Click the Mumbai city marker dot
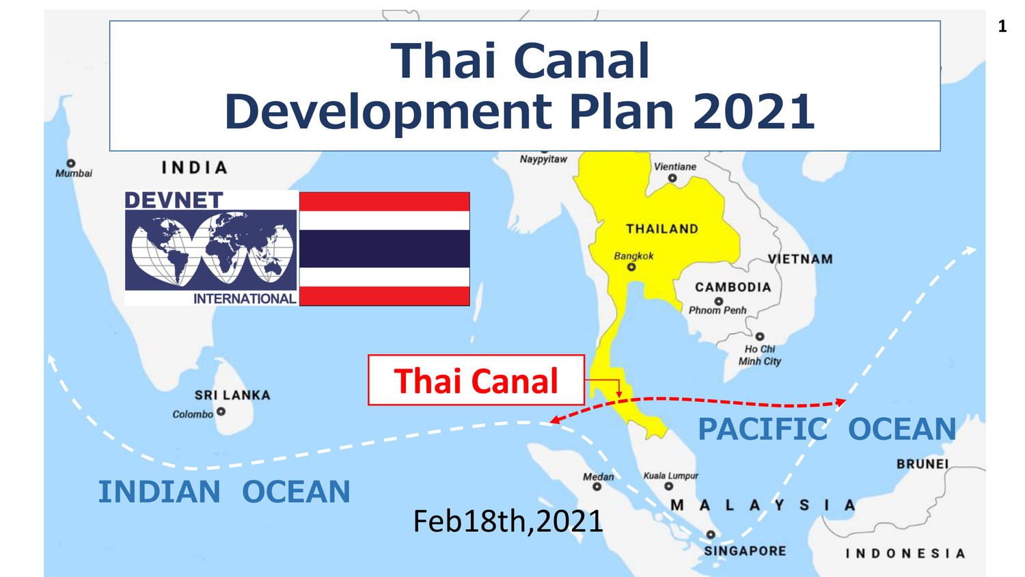point(70,163)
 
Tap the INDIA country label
point(195,167)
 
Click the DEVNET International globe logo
point(211,247)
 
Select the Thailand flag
point(384,249)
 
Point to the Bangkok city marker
point(631,267)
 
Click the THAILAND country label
point(662,229)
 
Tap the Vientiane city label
point(675,167)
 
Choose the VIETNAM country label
point(800,259)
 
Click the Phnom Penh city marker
point(719,301)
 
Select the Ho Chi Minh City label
point(760,355)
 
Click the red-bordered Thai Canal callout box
point(476,380)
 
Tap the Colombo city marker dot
point(221,412)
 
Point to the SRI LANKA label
point(232,395)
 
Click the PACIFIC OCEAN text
point(827,429)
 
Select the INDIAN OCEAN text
point(224,492)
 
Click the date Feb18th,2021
point(508,521)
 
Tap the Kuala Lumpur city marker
point(669,486)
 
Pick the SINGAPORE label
point(745,551)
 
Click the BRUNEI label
point(922,464)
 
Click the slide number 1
point(1002,27)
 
